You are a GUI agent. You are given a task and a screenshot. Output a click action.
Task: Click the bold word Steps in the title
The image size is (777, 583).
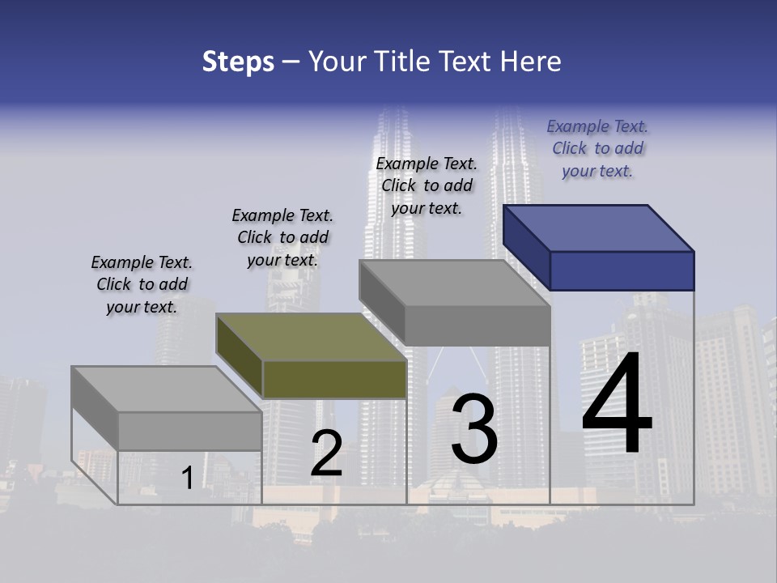coord(238,62)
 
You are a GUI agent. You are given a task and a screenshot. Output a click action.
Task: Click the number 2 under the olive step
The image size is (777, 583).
coord(326,453)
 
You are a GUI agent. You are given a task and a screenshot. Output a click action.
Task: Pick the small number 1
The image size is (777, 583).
coord(187,478)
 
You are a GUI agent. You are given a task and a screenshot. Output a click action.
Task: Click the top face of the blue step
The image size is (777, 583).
coord(599,228)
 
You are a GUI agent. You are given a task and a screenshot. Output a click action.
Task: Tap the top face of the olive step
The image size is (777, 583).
coord(311,337)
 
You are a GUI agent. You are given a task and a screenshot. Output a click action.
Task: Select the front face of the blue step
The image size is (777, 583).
coord(622,270)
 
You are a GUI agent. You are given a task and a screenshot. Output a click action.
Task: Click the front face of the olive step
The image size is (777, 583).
coord(334,379)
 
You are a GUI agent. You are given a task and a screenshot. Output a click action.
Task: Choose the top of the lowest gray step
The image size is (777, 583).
coord(167,389)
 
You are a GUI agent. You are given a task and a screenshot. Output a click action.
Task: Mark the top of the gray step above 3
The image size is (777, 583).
coord(454,283)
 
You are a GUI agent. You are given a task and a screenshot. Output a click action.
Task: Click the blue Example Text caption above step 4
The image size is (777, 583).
coord(597,148)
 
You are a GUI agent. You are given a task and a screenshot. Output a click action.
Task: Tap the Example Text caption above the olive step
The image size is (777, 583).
coord(282,237)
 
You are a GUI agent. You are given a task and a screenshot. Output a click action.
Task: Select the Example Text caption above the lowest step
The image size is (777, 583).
coord(142,284)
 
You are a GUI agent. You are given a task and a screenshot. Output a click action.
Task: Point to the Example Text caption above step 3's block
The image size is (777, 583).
coord(427,185)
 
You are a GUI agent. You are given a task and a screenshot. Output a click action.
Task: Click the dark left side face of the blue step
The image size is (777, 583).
coord(526,247)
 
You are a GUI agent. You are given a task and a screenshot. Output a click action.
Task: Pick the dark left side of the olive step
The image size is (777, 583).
coord(240,355)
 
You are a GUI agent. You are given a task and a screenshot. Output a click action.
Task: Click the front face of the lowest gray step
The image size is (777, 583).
coord(189,431)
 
